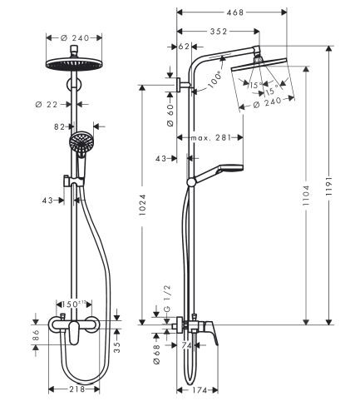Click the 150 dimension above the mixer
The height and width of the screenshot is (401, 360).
point(77,304)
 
